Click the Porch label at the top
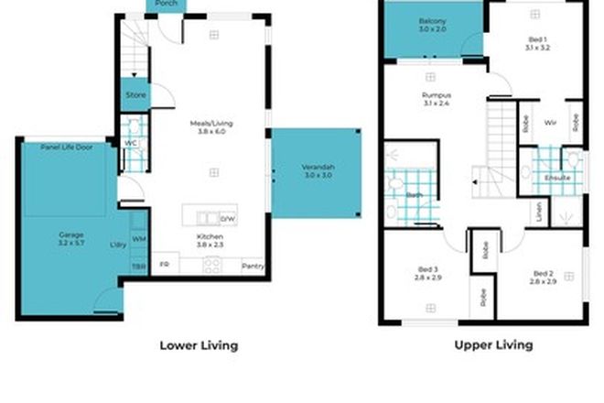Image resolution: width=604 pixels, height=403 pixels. [x=167, y=4]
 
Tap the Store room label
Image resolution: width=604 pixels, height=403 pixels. [x=135, y=94]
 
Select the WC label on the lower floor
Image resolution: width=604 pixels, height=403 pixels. [x=129, y=143]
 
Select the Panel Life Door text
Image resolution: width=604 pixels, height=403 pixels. [x=66, y=147]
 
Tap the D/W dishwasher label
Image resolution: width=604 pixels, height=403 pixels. [x=228, y=219]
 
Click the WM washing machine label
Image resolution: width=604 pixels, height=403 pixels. [x=138, y=239]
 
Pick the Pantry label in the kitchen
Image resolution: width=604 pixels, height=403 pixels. [x=253, y=267]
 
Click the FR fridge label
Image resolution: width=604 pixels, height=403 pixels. [x=165, y=266]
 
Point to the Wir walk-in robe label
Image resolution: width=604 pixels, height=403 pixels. [x=551, y=121]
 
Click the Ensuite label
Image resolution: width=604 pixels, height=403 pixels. [x=557, y=178]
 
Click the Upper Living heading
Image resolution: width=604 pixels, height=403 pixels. [x=493, y=345]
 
